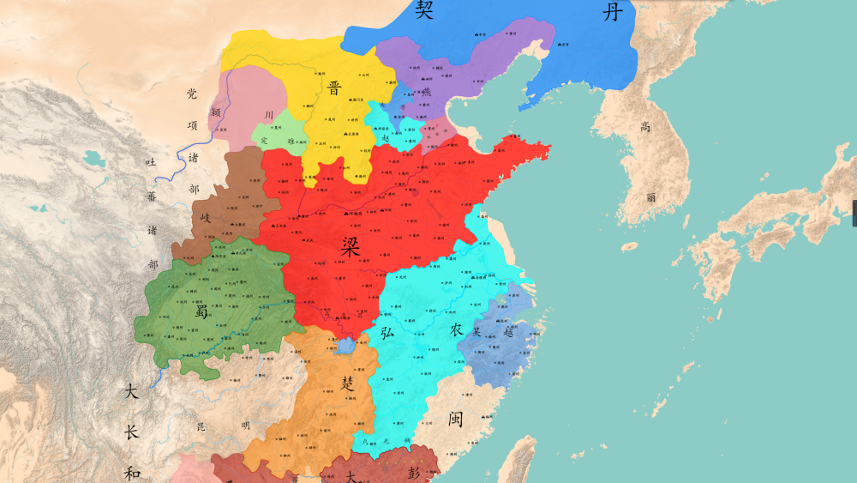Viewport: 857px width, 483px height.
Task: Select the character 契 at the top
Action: (424, 10)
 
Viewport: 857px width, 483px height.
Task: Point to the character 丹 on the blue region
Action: (610, 11)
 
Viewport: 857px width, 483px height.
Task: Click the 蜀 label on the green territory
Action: (202, 311)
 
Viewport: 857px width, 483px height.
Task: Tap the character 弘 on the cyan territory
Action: (387, 332)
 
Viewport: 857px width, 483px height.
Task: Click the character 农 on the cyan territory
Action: (456, 329)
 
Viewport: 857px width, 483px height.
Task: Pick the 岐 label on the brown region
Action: (205, 218)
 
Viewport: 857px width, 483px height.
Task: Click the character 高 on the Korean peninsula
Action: (645, 127)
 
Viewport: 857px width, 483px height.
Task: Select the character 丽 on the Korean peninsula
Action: (651, 196)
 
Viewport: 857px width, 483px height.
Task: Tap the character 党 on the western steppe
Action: (192, 94)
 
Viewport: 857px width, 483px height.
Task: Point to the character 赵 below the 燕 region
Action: (386, 136)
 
